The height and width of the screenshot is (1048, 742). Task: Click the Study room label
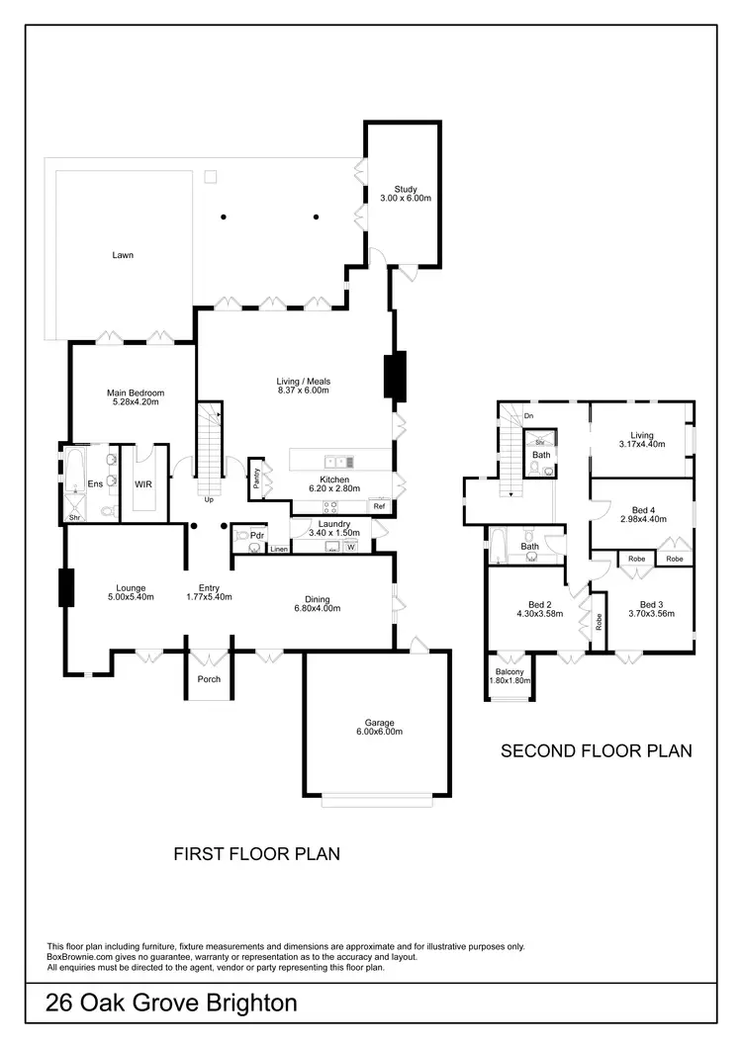pos(406,188)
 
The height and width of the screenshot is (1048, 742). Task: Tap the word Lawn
pos(123,255)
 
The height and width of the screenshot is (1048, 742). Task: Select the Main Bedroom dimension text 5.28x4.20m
pos(135,402)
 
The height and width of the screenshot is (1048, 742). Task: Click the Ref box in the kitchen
pos(378,505)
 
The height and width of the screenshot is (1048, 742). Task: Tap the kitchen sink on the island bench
pos(338,461)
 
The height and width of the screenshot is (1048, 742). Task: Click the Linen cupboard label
pos(279,549)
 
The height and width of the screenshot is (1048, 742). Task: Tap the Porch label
pos(209,679)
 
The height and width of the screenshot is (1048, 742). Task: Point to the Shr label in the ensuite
pos(73,517)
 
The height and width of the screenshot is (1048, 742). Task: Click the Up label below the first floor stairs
pos(209,499)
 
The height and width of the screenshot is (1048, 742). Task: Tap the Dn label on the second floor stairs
pos(529,415)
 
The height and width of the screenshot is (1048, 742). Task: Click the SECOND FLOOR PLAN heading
pos(596,751)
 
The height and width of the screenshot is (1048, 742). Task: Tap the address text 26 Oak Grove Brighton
pos(171,1004)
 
